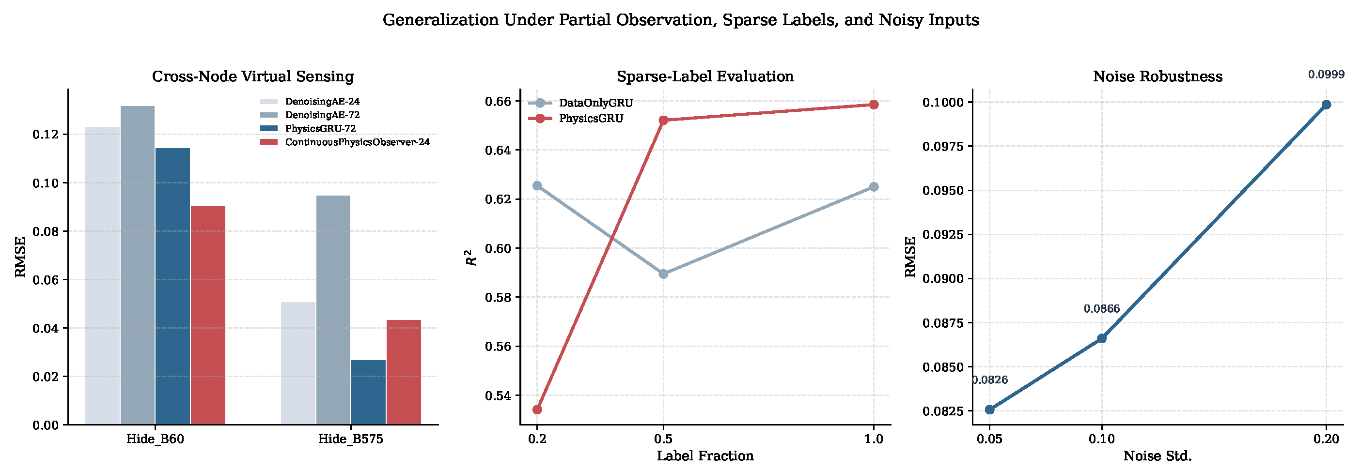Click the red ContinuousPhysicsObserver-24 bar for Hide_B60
coord(208,315)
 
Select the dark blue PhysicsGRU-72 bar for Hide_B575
coord(368,392)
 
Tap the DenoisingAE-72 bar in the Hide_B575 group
coord(333,310)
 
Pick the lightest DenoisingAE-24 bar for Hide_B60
coord(103,275)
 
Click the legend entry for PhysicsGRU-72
coord(308,128)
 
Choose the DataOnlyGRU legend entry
coord(580,103)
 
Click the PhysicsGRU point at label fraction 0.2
coord(537,410)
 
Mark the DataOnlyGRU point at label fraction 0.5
coord(664,274)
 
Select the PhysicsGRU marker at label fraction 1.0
coord(874,105)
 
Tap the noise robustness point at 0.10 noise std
coord(1102,338)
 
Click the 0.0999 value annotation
coord(1326,75)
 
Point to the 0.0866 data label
coord(1102,309)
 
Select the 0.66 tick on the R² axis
coord(498,101)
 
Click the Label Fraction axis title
coord(705,456)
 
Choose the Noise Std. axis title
coord(1158,456)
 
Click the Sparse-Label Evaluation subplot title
coord(705,76)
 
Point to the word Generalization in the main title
coord(440,20)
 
